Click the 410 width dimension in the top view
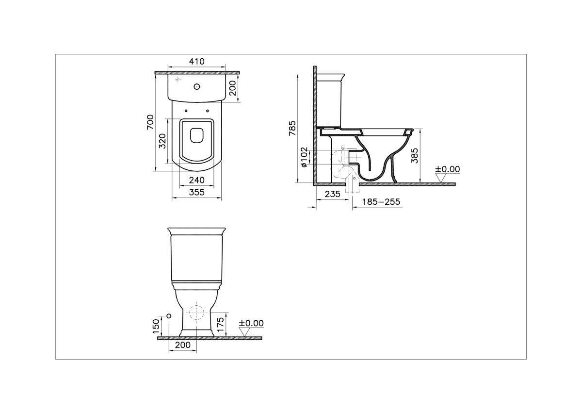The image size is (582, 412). pyautogui.click(x=196, y=62)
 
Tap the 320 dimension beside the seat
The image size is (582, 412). pyautogui.click(x=163, y=141)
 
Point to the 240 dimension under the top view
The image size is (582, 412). pyautogui.click(x=196, y=180)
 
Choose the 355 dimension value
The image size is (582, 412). pyautogui.click(x=196, y=192)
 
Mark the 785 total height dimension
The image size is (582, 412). pyautogui.click(x=292, y=128)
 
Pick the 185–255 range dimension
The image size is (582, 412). pyautogui.click(x=381, y=201)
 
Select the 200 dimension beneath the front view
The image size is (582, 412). pyautogui.click(x=182, y=345)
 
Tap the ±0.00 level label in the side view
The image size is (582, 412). pyautogui.click(x=447, y=169)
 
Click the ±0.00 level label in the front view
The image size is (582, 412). pyautogui.click(x=251, y=323)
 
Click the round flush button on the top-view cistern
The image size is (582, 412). pyautogui.click(x=197, y=87)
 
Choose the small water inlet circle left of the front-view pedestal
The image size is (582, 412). pyautogui.click(x=169, y=316)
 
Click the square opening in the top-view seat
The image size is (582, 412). pyautogui.click(x=197, y=134)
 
